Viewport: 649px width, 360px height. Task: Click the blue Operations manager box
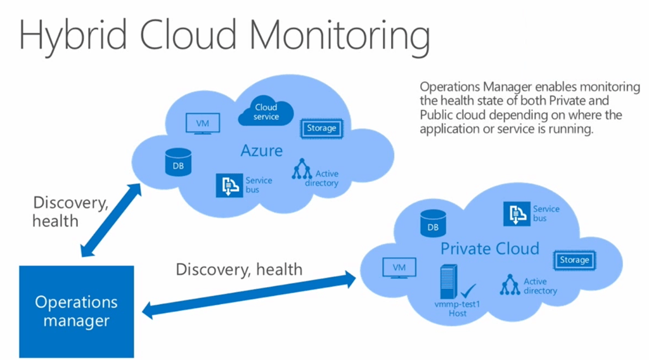click(76, 311)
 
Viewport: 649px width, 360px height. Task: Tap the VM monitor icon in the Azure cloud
click(202, 123)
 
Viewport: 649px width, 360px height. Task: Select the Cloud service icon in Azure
click(266, 112)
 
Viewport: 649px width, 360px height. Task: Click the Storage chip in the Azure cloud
click(321, 128)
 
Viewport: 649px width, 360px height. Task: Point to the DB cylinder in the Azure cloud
click(178, 162)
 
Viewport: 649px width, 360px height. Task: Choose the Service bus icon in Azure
click(229, 185)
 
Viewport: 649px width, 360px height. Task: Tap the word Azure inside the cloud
click(260, 150)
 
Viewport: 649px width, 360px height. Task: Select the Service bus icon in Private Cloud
click(517, 214)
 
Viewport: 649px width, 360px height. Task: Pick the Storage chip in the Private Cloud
click(574, 260)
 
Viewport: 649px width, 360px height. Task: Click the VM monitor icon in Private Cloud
click(399, 268)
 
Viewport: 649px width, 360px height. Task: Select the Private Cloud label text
click(490, 248)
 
